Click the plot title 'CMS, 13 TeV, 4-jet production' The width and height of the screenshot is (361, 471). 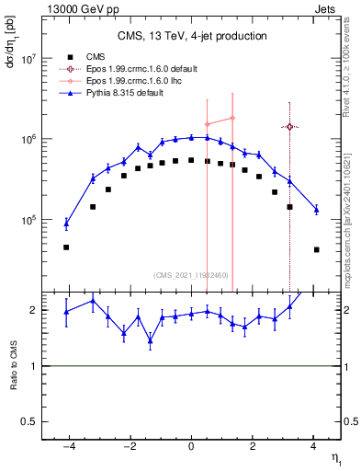tap(192, 36)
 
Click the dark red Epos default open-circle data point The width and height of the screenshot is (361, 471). tap(289, 127)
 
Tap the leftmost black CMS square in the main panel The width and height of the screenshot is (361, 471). tap(66, 247)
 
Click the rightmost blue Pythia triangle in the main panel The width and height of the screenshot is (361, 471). tap(316, 210)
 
